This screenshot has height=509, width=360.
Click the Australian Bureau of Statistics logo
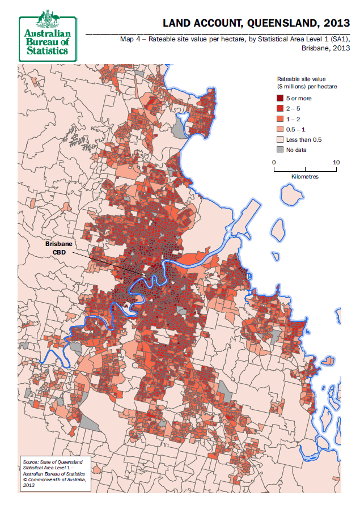click(x=48, y=36)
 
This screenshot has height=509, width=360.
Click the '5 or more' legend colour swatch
click(x=279, y=98)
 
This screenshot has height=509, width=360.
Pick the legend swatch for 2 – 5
click(x=279, y=108)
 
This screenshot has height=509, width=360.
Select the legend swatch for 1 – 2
click(x=279, y=118)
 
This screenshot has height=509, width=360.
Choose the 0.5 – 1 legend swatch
click(x=279, y=129)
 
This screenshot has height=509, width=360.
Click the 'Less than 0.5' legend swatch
click(x=279, y=139)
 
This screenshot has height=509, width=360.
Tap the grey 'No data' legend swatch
click(x=279, y=150)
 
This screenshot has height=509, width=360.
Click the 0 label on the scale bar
click(x=274, y=163)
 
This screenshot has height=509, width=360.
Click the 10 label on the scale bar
click(x=336, y=163)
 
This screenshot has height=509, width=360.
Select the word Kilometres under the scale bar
click(x=305, y=177)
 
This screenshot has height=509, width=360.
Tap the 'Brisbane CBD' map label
click(x=58, y=248)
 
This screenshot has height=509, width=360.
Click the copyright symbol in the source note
click(x=25, y=480)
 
